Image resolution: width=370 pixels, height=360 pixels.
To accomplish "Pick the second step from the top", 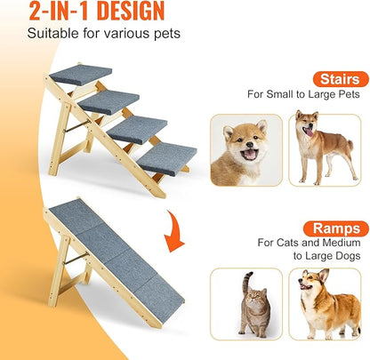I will click(x=109, y=100).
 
